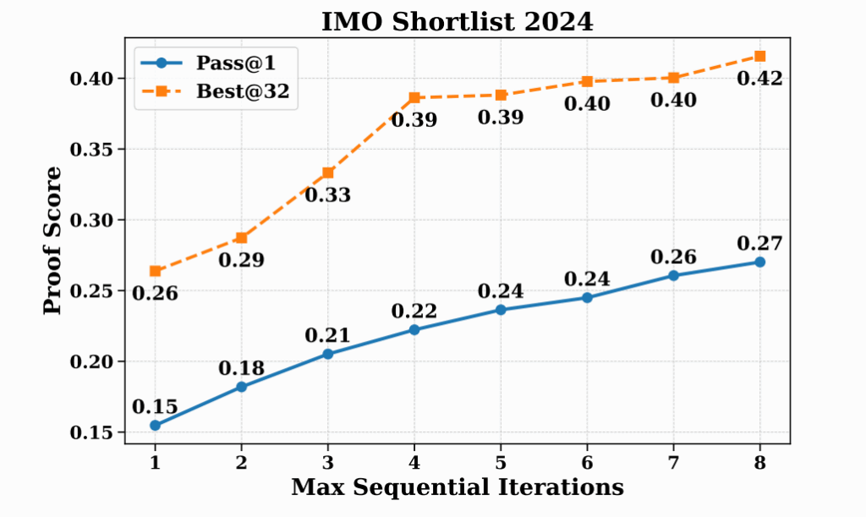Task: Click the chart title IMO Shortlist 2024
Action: tap(458, 22)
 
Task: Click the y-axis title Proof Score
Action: tap(52, 241)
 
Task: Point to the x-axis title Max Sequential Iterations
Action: tap(458, 488)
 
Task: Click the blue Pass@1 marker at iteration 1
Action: tap(155, 426)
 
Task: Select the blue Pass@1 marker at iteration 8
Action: tap(759, 262)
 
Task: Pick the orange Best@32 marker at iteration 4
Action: tap(414, 98)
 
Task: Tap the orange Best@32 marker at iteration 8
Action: tap(759, 56)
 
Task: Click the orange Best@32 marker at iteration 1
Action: tap(155, 271)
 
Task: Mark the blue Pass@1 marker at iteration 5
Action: tap(501, 310)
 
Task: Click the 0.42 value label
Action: tap(759, 80)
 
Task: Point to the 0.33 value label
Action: tap(327, 195)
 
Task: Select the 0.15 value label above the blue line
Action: tap(155, 406)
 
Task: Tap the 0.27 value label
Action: tap(759, 244)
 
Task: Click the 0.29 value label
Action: tap(241, 261)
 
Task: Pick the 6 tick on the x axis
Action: tap(587, 461)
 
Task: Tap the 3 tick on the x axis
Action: tap(327, 461)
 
